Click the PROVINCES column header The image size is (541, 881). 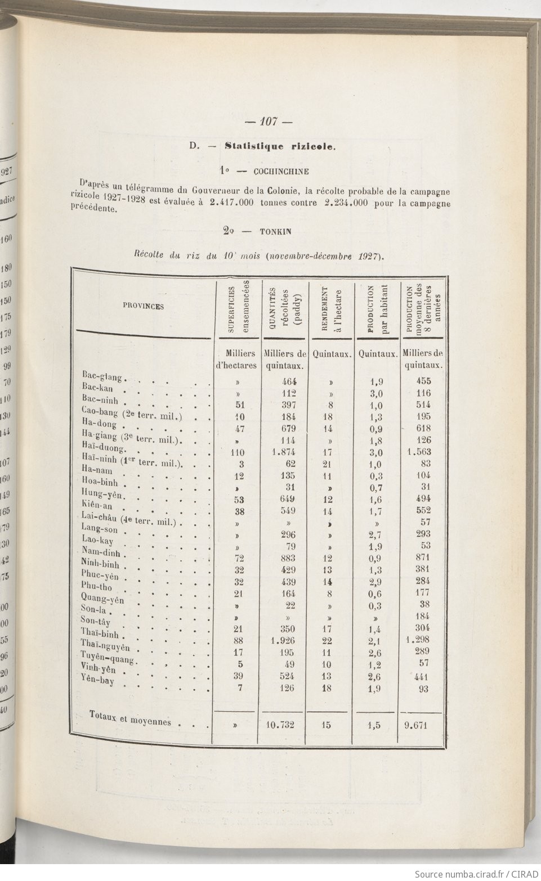coord(143,307)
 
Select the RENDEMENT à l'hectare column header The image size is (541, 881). coord(332,309)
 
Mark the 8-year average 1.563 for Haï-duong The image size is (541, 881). coord(421,452)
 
